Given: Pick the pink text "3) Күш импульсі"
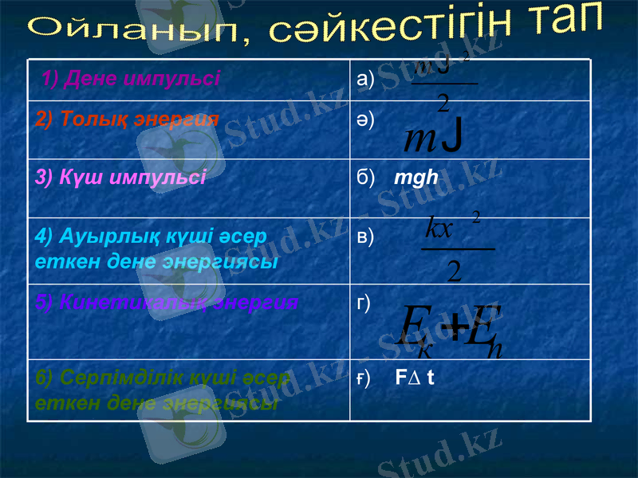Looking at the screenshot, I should tap(120, 177).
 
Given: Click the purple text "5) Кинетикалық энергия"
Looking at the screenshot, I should tap(167, 303).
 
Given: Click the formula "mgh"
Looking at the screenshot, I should tap(416, 177).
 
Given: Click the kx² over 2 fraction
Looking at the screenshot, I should tap(455, 248).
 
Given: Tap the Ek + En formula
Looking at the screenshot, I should tap(451, 329).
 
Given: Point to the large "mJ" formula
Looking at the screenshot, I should tap(435, 139).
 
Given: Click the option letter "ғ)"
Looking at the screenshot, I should tap(363, 380).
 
